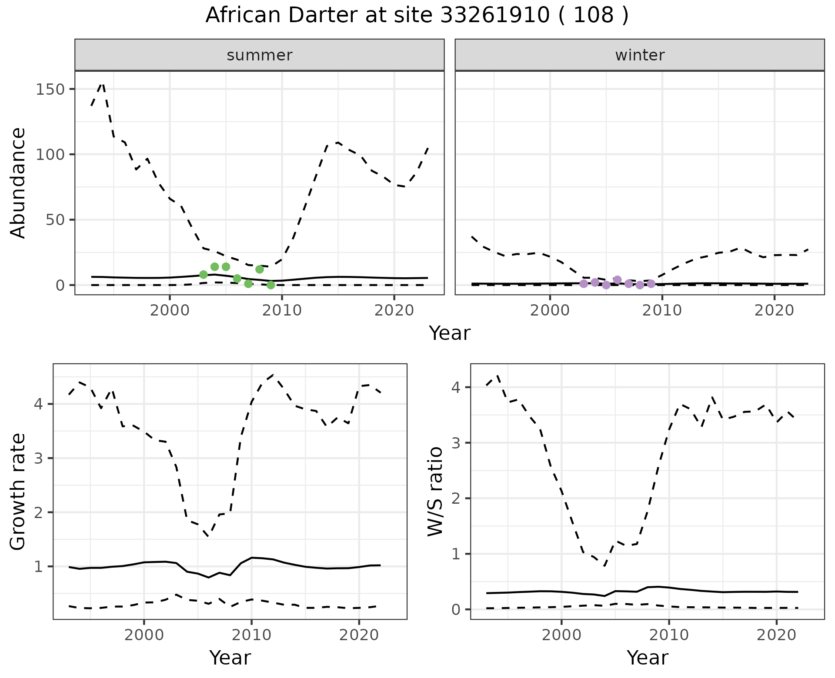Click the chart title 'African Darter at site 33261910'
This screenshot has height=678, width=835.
(417, 16)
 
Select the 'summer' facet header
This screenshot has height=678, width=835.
(259, 55)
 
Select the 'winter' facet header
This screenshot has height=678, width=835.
(639, 55)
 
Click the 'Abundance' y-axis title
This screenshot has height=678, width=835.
(18, 183)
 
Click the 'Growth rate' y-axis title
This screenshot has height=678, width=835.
(18, 492)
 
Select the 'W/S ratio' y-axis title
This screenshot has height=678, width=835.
(435, 491)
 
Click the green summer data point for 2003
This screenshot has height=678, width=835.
(203, 274)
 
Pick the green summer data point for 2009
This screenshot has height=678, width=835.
(271, 285)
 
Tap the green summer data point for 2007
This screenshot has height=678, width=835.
(248, 284)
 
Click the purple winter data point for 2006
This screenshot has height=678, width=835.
(617, 279)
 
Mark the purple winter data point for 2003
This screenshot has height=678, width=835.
(584, 284)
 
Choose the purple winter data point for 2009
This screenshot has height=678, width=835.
(651, 284)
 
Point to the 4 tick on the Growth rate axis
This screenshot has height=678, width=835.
(38, 404)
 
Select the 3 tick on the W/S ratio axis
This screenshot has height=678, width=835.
(456, 442)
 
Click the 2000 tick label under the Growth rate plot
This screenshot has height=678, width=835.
(144, 635)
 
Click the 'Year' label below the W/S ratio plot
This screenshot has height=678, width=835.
(647, 658)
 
